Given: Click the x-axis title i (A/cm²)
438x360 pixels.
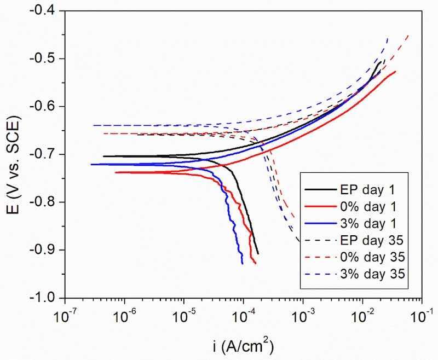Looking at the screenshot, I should pos(243,346).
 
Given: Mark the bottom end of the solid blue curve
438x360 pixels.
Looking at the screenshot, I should pos(242,264).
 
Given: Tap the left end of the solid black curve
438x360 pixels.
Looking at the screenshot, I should pos(103,156).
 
